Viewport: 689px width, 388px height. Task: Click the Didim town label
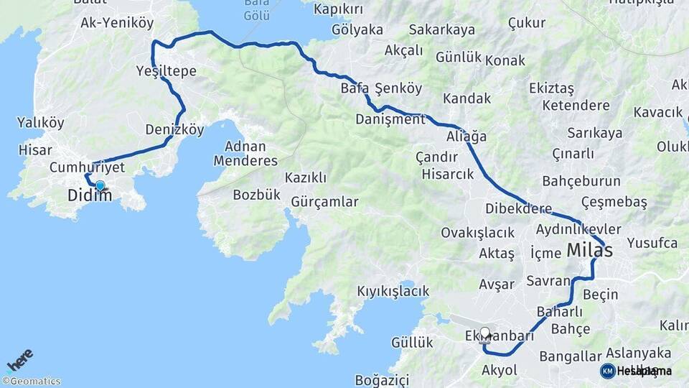tap(90, 195)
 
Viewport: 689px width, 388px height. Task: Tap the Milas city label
tap(590, 250)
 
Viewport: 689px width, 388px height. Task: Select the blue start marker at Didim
tap(100, 185)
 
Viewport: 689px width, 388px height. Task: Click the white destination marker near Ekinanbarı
tap(485, 333)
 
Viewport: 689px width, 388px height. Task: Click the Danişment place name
tap(390, 119)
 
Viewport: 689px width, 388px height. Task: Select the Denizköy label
tap(174, 130)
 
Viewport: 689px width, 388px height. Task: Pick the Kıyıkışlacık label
tap(393, 291)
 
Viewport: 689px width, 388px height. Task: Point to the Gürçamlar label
tap(324, 202)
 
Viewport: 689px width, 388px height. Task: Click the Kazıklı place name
tap(306, 177)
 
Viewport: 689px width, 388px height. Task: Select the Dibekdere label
tap(519, 209)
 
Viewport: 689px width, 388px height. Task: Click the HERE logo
tap(19, 359)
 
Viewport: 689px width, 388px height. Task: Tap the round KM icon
tap(608, 371)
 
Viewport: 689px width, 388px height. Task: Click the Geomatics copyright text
tap(32, 382)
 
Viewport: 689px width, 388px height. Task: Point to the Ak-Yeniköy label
tap(117, 23)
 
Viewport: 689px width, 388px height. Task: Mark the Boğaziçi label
tap(382, 379)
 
